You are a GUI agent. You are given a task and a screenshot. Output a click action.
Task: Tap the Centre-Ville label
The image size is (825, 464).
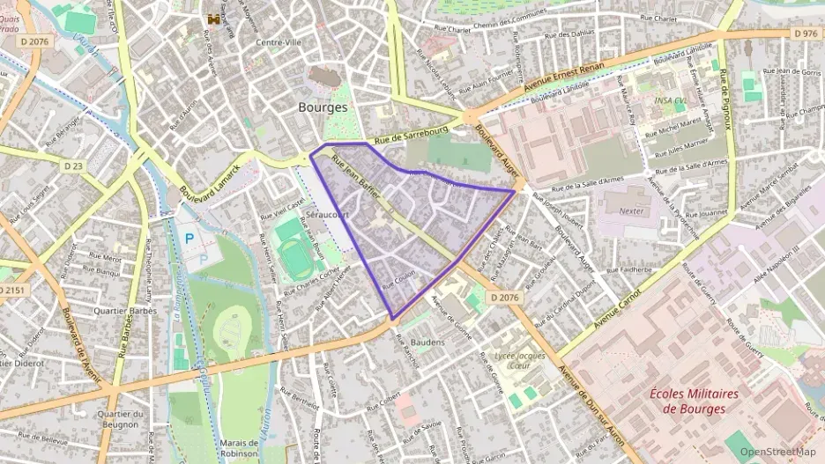point(278,42)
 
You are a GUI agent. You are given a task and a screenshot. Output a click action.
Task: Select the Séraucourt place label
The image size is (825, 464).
point(327,214)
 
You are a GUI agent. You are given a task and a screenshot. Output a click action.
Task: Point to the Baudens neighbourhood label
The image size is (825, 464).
point(428,341)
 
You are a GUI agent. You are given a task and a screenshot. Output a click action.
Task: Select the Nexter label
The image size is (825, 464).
point(632,211)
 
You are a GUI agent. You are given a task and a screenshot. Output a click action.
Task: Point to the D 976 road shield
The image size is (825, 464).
point(805,33)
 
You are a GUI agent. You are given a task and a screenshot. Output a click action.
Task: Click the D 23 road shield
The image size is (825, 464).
point(73,165)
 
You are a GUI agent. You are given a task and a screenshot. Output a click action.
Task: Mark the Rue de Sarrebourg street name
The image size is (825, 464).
point(410,135)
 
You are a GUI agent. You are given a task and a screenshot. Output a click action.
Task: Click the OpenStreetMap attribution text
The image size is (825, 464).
point(777,453)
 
